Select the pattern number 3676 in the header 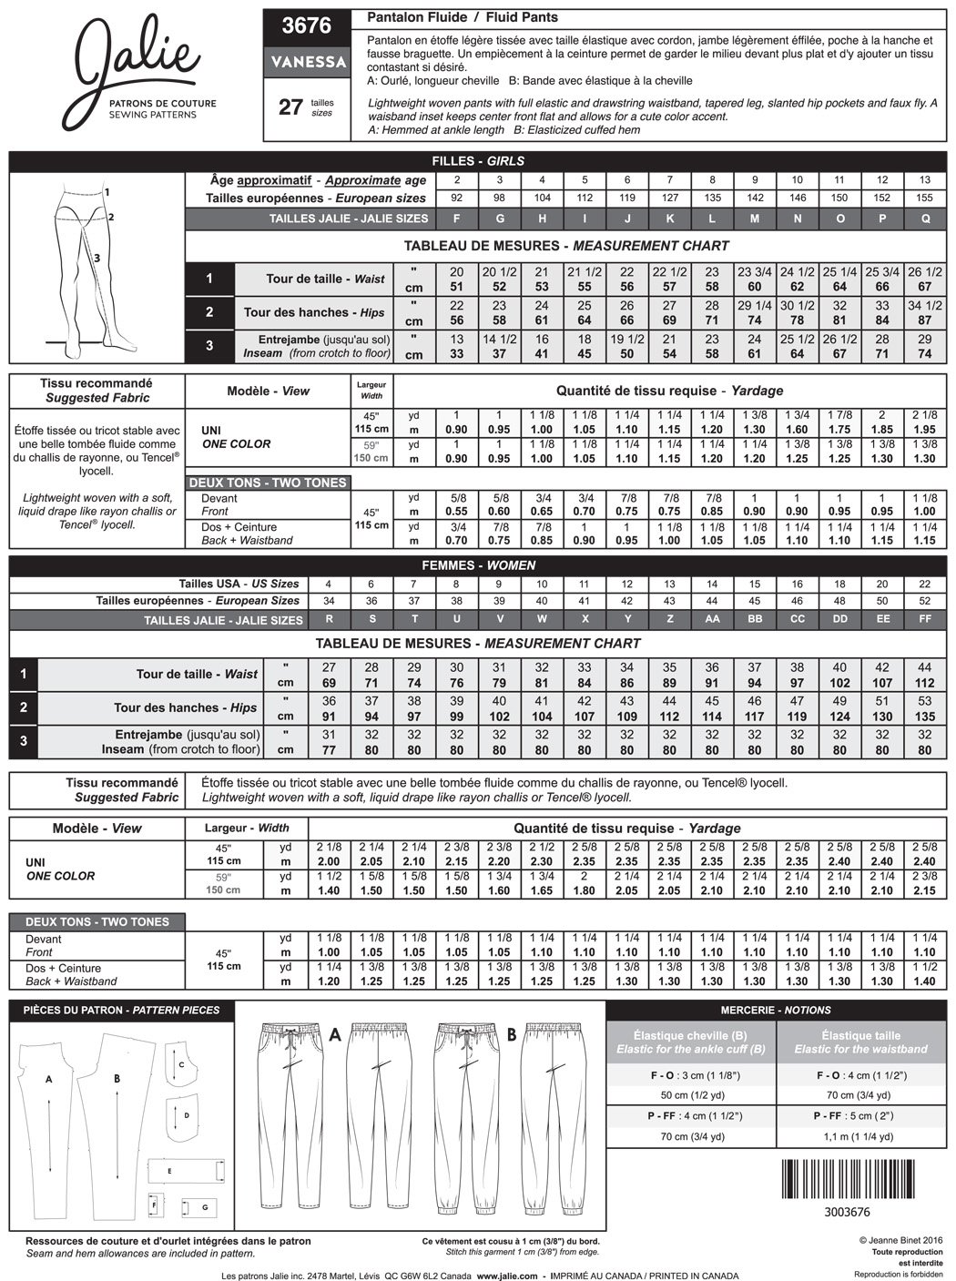[307, 25]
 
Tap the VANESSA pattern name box [307, 62]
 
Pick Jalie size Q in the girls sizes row [925, 219]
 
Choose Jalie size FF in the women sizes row [925, 619]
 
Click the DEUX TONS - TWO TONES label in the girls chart [268, 482]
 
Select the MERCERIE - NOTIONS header [776, 1010]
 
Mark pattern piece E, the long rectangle [186, 1171]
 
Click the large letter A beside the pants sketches [335, 1034]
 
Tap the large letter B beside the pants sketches [512, 1034]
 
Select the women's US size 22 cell [925, 584]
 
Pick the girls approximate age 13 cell [925, 180]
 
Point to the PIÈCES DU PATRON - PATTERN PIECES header [121, 1010]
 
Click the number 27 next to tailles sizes [290, 107]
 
